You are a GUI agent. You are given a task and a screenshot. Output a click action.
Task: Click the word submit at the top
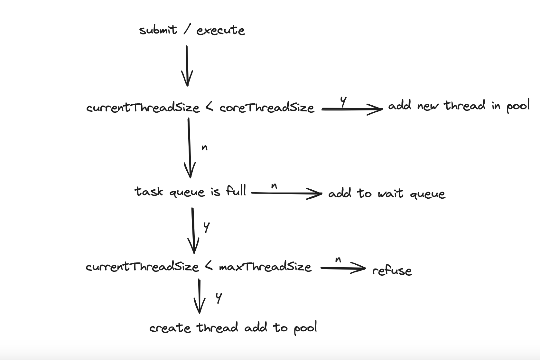(158, 30)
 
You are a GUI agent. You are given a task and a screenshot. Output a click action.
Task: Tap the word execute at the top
(221, 31)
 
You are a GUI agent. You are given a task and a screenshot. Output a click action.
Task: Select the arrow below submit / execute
(187, 66)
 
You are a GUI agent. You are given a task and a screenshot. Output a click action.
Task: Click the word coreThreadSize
(266, 108)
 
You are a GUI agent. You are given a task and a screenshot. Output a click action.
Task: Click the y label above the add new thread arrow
(343, 101)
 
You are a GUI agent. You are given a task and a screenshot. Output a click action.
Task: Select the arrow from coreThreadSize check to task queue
(189, 147)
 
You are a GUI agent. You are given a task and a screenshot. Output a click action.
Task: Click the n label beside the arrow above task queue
(204, 148)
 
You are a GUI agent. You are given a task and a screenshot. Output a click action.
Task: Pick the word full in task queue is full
(236, 191)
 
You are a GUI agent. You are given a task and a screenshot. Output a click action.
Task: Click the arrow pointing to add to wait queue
(286, 193)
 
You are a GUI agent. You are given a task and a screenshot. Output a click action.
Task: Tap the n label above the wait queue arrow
(274, 186)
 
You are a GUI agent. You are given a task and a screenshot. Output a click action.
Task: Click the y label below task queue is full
(207, 227)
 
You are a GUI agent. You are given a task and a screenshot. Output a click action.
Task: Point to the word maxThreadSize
(265, 267)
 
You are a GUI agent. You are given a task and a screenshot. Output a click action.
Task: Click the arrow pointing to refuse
(343, 268)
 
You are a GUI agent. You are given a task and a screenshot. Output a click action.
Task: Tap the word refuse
(392, 270)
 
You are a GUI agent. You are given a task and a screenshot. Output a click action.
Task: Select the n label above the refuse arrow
(338, 260)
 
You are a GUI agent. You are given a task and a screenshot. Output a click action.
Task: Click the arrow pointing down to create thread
(200, 296)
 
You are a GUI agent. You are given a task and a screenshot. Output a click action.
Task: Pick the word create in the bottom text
(170, 328)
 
